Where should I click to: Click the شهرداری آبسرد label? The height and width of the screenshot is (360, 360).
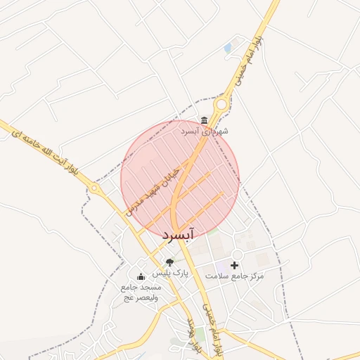[204, 131]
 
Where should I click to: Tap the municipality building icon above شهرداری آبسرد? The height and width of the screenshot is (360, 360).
[204, 120]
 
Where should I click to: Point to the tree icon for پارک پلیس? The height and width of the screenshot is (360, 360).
[169, 262]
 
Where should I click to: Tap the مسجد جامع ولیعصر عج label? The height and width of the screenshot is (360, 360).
[141, 292]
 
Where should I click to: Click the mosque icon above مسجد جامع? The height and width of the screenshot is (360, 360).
[141, 276]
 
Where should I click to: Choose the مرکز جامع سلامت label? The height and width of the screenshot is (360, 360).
[235, 276]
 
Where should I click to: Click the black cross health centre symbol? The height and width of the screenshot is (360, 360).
[234, 265]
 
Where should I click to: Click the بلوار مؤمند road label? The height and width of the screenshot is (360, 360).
[193, 335]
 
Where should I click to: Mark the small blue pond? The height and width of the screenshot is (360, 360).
[227, 49]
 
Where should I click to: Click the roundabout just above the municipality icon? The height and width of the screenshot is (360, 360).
[221, 105]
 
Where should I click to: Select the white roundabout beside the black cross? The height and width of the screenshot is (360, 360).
[237, 255]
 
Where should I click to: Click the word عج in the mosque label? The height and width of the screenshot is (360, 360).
[129, 297]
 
